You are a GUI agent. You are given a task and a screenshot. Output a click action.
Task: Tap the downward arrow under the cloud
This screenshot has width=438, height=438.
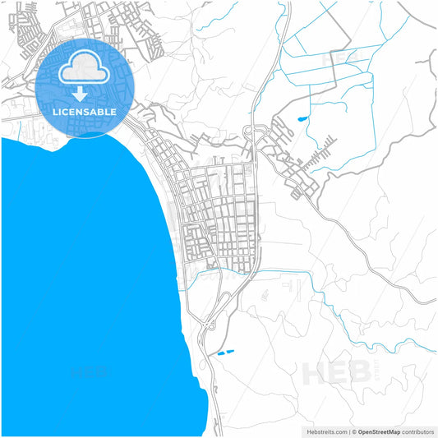pyautogui.click(x=80, y=94)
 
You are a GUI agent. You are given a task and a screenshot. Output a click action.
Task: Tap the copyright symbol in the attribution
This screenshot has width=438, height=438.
pyautogui.click(x=354, y=431)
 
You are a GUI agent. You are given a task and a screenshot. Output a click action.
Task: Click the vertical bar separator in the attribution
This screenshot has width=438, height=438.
pyautogui.click(x=348, y=431)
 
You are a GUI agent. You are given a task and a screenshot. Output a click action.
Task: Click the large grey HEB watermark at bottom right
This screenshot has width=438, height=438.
pyautogui.click(x=337, y=372)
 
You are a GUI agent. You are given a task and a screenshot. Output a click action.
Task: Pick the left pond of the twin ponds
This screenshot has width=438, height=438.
pyautogui.click(x=219, y=354)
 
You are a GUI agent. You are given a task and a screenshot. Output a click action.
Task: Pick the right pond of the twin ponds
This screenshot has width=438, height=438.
pyautogui.click(x=229, y=351)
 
